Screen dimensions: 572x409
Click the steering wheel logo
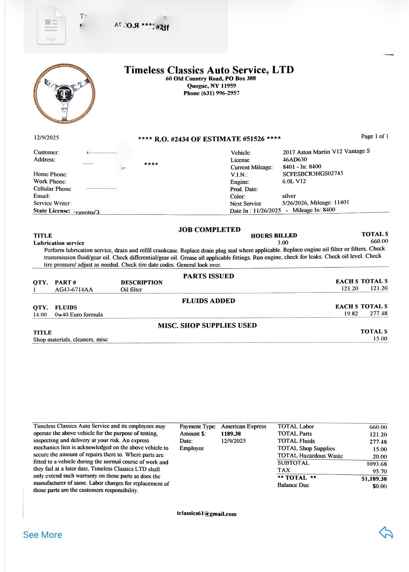pos(64,93)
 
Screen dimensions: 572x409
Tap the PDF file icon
pos(51,26)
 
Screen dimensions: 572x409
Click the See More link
pos(43,535)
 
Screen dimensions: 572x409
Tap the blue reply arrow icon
pos(386,533)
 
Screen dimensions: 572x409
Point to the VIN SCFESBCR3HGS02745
pos(313,174)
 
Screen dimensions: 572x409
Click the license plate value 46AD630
pos(295,159)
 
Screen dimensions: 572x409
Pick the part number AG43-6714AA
pos(74,289)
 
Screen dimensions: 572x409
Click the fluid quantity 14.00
pos(40,315)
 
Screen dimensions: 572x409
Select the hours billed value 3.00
pos(283,243)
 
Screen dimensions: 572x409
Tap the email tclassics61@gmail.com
pos(207,514)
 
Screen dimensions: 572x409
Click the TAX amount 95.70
pos(380,471)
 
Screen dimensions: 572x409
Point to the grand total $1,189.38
pos(374,479)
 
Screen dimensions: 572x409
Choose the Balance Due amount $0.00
pos(380,486)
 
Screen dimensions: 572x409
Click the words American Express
pos(244,426)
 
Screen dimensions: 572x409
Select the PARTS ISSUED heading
pos(209,276)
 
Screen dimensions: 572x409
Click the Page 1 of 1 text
pos(374,136)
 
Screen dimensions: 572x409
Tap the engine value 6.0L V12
pos(294,181)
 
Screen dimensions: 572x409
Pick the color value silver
pos(289,196)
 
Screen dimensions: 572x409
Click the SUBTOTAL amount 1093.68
pos(377,464)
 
